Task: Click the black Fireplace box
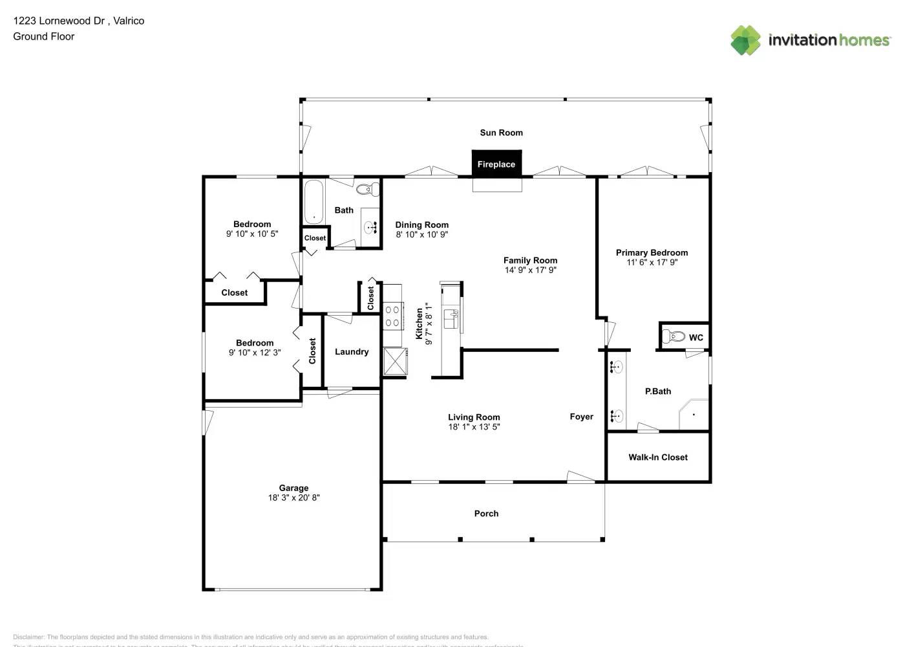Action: point(496,164)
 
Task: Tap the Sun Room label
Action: point(501,133)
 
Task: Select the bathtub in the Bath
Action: point(314,201)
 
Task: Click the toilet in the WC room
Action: point(674,336)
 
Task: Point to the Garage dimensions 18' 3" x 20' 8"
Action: point(293,498)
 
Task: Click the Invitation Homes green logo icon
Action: point(745,40)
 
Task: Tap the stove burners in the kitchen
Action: point(392,316)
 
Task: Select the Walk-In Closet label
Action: point(657,457)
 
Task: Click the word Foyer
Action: point(581,417)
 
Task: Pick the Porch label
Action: point(486,514)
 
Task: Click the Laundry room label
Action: point(352,352)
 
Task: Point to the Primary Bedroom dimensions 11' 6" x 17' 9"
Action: point(652,262)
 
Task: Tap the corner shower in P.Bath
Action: point(694,414)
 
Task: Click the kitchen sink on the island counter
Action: point(451,318)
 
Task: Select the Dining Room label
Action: point(421,225)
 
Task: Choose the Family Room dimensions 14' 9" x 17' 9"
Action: point(530,270)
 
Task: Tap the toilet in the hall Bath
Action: point(367,190)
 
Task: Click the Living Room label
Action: point(474,417)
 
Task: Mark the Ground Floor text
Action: point(43,36)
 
